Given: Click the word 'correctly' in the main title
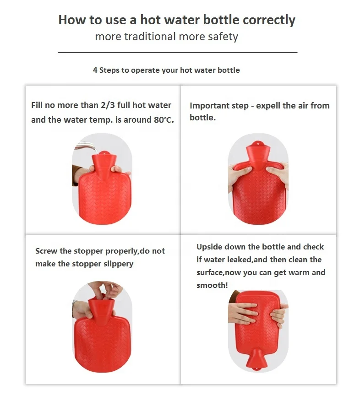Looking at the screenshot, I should tap(269, 20).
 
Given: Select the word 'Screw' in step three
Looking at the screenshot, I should tap(46, 251).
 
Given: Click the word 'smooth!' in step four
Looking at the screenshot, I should tap(212, 285).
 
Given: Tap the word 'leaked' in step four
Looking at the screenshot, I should tap(240, 260).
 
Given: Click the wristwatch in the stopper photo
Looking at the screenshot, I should tap(74, 304).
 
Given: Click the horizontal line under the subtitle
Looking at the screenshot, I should tap(178, 53).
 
